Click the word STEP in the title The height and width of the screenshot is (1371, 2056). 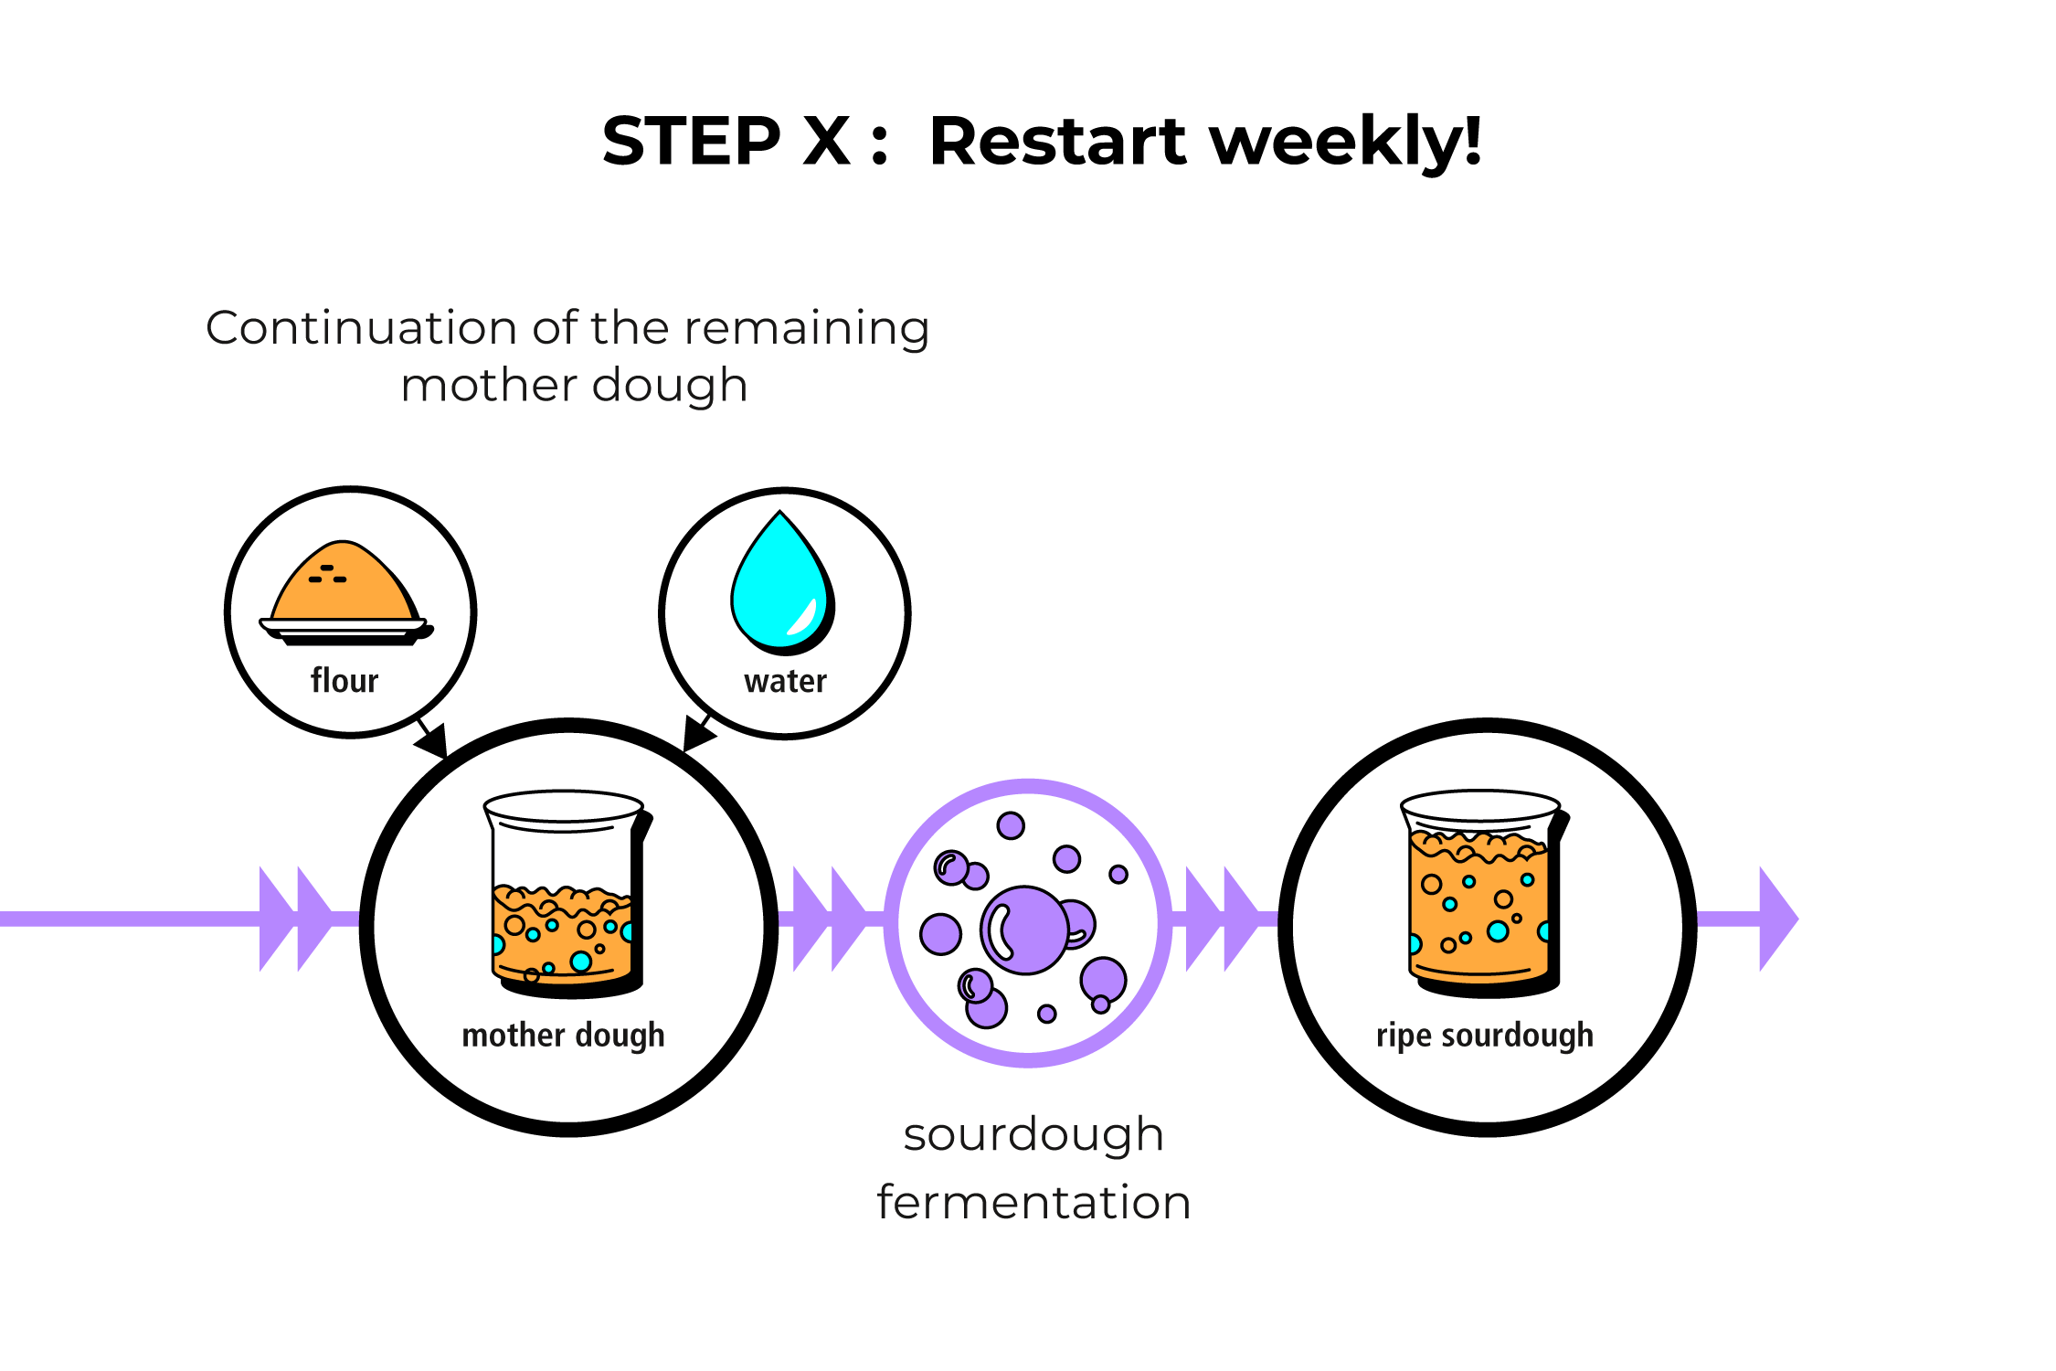[x=691, y=142]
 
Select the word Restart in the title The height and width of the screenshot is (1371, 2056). [x=1057, y=142]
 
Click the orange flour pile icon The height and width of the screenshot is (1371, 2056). [x=344, y=581]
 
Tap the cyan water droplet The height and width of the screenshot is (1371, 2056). [x=781, y=585]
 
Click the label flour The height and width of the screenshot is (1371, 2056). [x=344, y=681]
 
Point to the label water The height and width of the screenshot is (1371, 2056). [x=785, y=681]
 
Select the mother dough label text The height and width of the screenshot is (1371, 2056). [x=563, y=1036]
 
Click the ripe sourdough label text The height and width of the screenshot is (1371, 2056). [x=1485, y=1036]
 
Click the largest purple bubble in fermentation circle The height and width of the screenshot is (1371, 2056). [x=1024, y=930]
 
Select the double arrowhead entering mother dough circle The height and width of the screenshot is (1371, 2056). [x=297, y=919]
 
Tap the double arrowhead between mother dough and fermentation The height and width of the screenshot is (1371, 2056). [x=830, y=919]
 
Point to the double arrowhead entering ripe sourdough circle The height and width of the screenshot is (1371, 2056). [x=1222, y=919]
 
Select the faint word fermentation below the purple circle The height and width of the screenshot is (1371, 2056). [x=1033, y=1202]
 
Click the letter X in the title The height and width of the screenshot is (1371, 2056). [x=826, y=142]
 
